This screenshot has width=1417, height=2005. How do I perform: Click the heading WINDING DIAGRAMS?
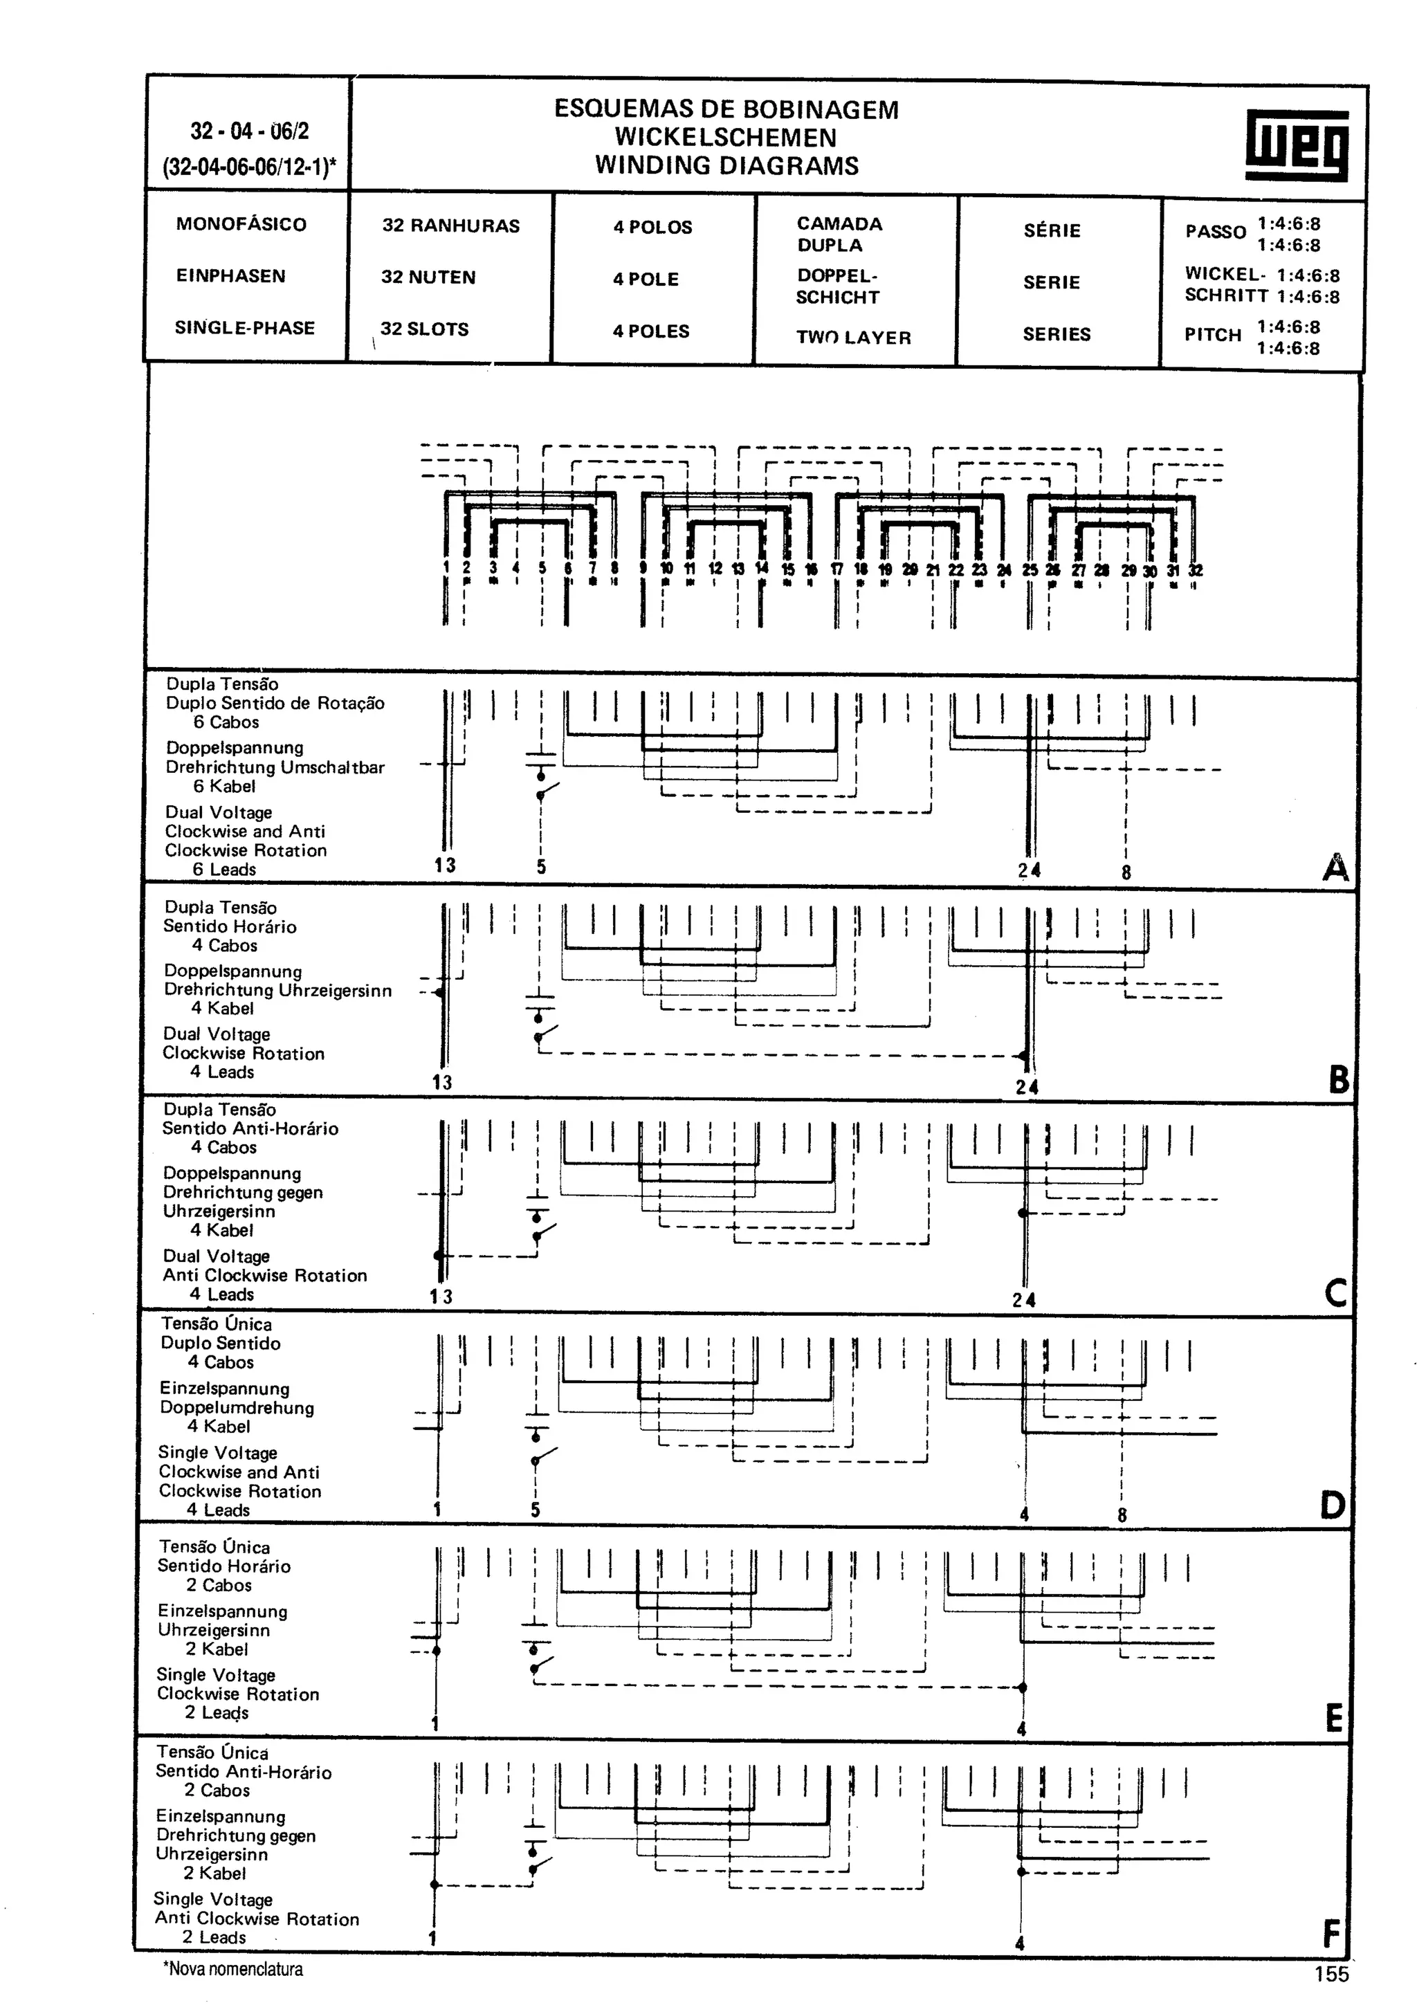[726, 165]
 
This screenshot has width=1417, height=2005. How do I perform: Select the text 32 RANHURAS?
[450, 226]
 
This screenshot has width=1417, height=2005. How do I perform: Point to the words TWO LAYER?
[853, 337]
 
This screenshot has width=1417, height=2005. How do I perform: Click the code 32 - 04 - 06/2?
[250, 131]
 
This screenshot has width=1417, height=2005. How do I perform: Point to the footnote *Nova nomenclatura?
[233, 1968]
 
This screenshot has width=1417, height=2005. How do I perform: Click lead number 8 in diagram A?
[1126, 872]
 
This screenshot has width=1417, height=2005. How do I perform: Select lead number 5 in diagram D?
[536, 1510]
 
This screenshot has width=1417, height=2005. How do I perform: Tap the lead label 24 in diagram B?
[1027, 1087]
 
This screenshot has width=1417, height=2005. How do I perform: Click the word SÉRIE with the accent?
[1052, 230]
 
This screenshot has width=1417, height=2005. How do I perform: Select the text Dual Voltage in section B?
[217, 1034]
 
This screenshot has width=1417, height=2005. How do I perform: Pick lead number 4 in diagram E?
[1021, 1728]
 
